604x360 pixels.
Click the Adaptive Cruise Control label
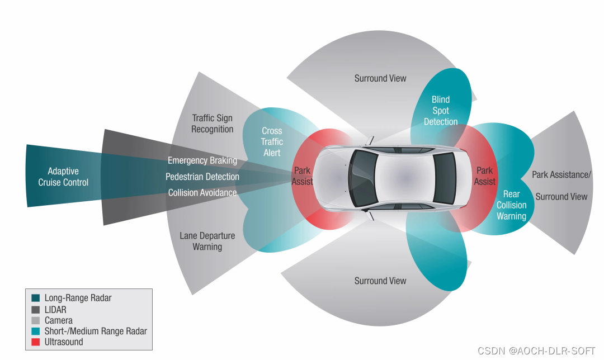tap(63, 177)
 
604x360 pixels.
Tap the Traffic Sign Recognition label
tap(212, 124)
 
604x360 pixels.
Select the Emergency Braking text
tap(202, 160)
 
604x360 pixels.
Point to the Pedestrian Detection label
tap(202, 177)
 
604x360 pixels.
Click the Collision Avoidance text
tap(202, 193)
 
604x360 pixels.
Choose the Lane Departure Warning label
tap(207, 241)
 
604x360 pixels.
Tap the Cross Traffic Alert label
tap(272, 141)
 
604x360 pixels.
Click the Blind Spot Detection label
tap(440, 111)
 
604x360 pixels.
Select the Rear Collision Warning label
tap(511, 205)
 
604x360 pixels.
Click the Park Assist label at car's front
tap(302, 176)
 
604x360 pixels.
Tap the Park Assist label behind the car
tap(484, 176)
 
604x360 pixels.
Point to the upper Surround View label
tap(380, 78)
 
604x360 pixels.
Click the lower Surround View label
tap(380, 281)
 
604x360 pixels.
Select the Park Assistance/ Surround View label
tap(561, 186)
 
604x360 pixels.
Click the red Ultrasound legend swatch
tap(36, 342)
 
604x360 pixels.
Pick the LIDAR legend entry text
tap(55, 309)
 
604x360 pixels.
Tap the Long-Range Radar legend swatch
tap(36, 298)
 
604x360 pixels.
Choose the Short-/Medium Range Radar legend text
tap(96, 331)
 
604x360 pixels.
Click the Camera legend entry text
tap(59, 320)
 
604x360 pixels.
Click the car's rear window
tap(445, 178)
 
